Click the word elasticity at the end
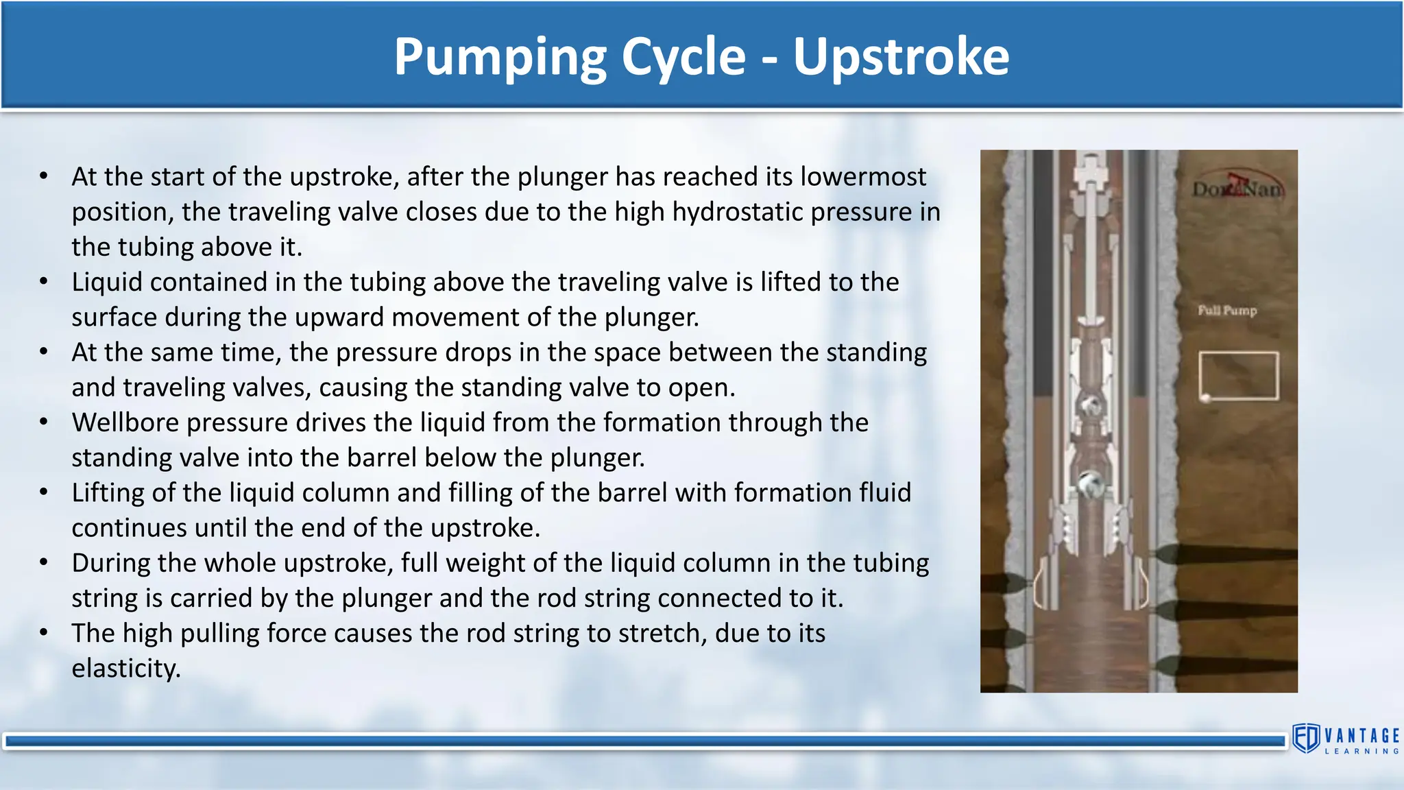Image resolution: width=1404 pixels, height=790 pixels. [x=125, y=669]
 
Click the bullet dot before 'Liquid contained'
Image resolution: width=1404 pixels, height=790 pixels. [x=44, y=282]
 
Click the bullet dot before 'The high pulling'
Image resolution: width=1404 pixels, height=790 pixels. [x=44, y=633]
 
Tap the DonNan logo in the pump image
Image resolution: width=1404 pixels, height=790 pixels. [x=1237, y=187]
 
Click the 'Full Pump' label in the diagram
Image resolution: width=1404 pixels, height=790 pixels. [x=1227, y=311]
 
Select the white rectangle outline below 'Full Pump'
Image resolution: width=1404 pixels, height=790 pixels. [x=1239, y=376]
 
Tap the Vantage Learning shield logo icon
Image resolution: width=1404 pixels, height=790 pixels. [x=1306, y=739]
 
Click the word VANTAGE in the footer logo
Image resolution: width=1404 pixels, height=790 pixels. [x=1361, y=736]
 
